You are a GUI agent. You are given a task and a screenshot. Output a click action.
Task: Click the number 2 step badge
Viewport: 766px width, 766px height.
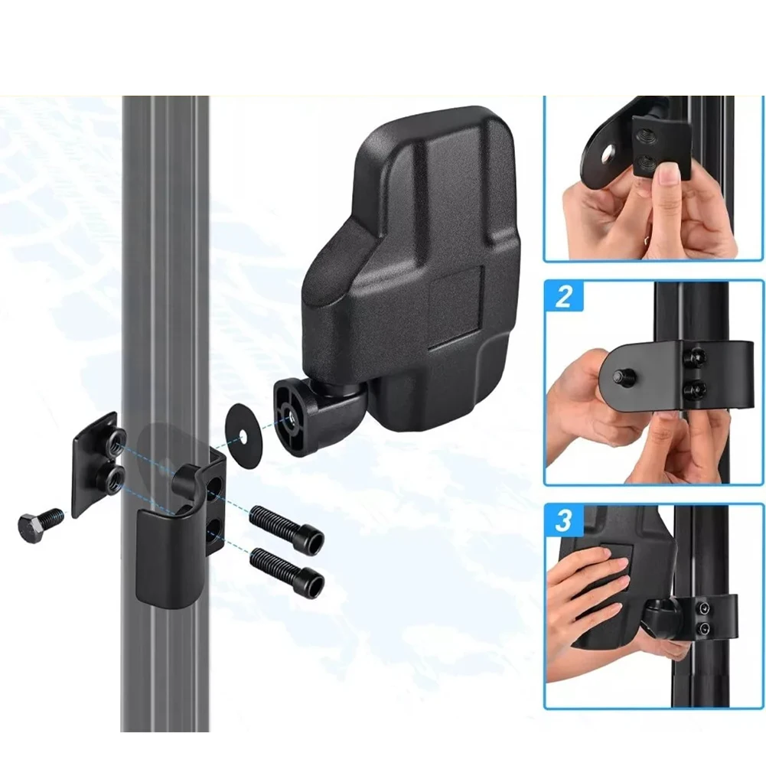[x=564, y=296]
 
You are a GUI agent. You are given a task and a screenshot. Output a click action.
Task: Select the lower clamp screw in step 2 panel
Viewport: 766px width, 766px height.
[x=694, y=390]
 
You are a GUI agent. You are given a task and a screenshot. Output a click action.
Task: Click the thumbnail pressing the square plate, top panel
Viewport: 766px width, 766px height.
[x=668, y=174]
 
